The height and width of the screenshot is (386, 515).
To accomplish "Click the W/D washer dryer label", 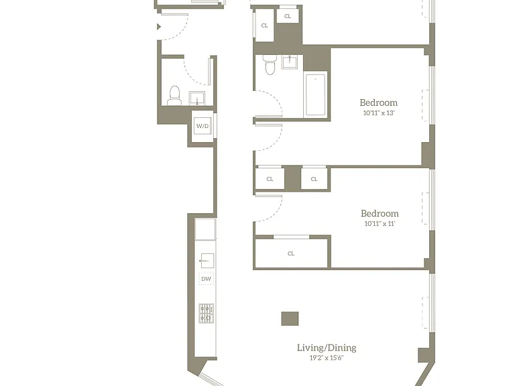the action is pos(203,126).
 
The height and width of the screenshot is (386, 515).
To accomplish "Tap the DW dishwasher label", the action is pos(207,279).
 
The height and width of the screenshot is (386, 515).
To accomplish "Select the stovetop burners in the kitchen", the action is pos(207,314).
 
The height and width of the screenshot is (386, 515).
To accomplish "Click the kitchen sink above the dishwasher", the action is pos(207,261).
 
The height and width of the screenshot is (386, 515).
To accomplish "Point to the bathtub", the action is pos(316,94).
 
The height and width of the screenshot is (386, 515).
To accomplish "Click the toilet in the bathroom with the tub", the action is pos(270,64).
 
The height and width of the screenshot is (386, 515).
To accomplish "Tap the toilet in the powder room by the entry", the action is pos(174,96).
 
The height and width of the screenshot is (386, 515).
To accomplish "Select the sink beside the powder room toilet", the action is pos(197,99).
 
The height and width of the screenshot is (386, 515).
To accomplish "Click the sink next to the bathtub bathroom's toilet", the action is pos(290,62).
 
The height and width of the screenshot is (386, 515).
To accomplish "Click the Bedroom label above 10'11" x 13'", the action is pos(379,103).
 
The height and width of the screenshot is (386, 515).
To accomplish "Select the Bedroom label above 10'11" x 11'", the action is pos(380,214).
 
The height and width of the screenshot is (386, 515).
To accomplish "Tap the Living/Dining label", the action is pos(327,348).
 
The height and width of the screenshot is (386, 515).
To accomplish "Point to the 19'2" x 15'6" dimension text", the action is pos(327,358).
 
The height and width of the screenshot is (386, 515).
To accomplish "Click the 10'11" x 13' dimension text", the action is pos(379,113).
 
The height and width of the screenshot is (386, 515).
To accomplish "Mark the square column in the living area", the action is pos(290,319).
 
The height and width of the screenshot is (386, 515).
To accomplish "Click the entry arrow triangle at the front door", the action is pos(159,27).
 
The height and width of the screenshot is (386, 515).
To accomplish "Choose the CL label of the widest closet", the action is pos(291,254).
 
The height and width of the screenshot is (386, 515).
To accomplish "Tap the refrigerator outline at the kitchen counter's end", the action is pos(205,229).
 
